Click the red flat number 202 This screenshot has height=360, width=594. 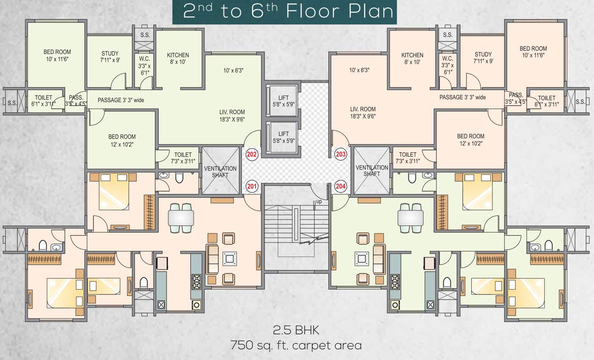tap(252, 154)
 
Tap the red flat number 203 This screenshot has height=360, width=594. tap(340, 154)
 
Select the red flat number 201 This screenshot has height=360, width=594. tap(252, 186)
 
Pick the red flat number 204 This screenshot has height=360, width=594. tap(340, 186)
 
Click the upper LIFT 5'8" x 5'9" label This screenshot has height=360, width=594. tap(283, 101)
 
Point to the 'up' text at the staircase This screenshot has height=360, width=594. tap(319, 202)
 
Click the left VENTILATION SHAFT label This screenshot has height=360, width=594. tap(220, 172)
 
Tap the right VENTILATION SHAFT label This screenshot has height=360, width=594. tap(372, 171)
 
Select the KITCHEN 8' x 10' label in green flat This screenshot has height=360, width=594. tap(178, 58)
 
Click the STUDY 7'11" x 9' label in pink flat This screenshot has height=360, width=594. tap(483, 57)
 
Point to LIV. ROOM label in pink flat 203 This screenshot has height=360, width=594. tap(363, 112)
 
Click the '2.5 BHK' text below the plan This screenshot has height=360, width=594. tap(296, 330)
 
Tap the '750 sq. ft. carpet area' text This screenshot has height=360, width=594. tap(296, 346)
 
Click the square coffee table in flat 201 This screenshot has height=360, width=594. tap(229, 258)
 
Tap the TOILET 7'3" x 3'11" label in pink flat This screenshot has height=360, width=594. tap(407, 157)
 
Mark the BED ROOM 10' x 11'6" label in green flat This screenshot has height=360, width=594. tap(57, 55)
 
